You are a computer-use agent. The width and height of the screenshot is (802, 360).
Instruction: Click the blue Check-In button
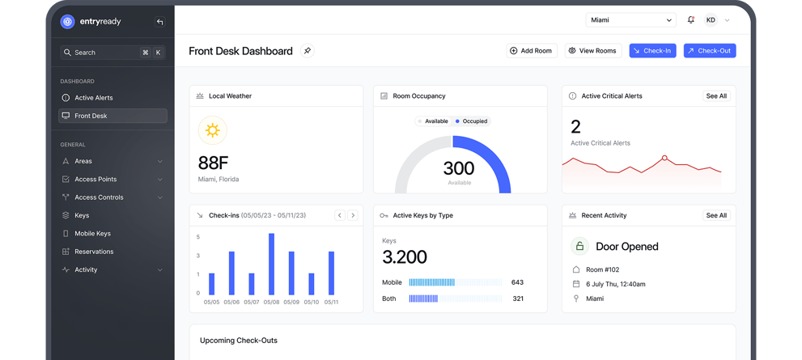(652, 51)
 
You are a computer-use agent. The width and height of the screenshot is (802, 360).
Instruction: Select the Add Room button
(532, 51)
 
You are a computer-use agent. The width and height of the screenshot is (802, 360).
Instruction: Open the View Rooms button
(593, 51)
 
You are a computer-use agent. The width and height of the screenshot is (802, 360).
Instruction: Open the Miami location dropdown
(630, 20)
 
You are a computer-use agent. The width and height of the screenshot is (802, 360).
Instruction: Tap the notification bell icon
(690, 20)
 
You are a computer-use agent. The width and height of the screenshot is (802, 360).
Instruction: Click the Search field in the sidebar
(101, 53)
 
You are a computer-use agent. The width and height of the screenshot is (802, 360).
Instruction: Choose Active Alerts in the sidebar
(94, 98)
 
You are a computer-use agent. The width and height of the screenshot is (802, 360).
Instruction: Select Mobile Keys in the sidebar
(92, 234)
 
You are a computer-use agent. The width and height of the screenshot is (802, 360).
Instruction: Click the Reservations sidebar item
(94, 252)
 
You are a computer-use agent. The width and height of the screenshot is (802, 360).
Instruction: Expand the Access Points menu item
(95, 180)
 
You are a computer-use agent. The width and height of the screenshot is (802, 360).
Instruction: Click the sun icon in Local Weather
(213, 130)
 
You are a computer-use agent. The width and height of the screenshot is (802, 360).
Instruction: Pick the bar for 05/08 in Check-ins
(271, 264)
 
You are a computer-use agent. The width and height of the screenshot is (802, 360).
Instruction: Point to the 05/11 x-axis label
(331, 303)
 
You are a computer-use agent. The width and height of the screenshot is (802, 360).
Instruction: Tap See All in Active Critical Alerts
(716, 96)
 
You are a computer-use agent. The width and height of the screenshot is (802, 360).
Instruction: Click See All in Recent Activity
(716, 216)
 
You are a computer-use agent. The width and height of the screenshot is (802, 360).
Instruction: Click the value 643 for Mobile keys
(517, 282)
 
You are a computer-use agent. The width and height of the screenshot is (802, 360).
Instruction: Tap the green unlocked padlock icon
(579, 247)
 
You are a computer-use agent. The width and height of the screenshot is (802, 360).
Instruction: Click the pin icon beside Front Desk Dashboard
(308, 51)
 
